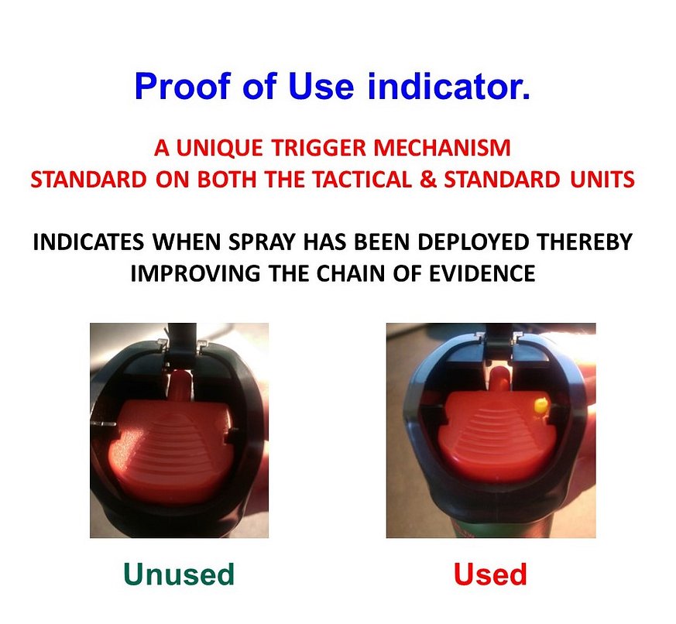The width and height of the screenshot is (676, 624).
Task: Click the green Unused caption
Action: point(179,574)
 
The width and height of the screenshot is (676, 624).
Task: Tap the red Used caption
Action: point(490,574)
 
